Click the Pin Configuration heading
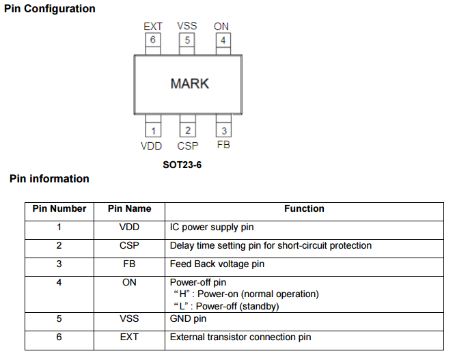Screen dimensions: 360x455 point(49,9)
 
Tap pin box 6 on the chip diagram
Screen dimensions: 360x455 point(153,40)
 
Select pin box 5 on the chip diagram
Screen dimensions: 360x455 point(187,40)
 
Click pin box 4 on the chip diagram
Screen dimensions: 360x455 point(222,40)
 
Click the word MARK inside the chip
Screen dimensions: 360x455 point(189,84)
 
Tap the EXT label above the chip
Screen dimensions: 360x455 point(153,26)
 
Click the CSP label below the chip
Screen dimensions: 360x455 point(187,146)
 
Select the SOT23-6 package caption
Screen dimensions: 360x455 point(182,165)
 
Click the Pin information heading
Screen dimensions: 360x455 point(49,179)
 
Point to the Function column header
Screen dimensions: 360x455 point(304,208)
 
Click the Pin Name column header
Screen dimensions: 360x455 point(129,208)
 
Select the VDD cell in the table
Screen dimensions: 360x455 point(129,227)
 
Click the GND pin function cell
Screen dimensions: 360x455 point(187,318)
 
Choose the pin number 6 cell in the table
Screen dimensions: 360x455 point(59,337)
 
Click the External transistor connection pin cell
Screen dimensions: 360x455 point(240,337)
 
